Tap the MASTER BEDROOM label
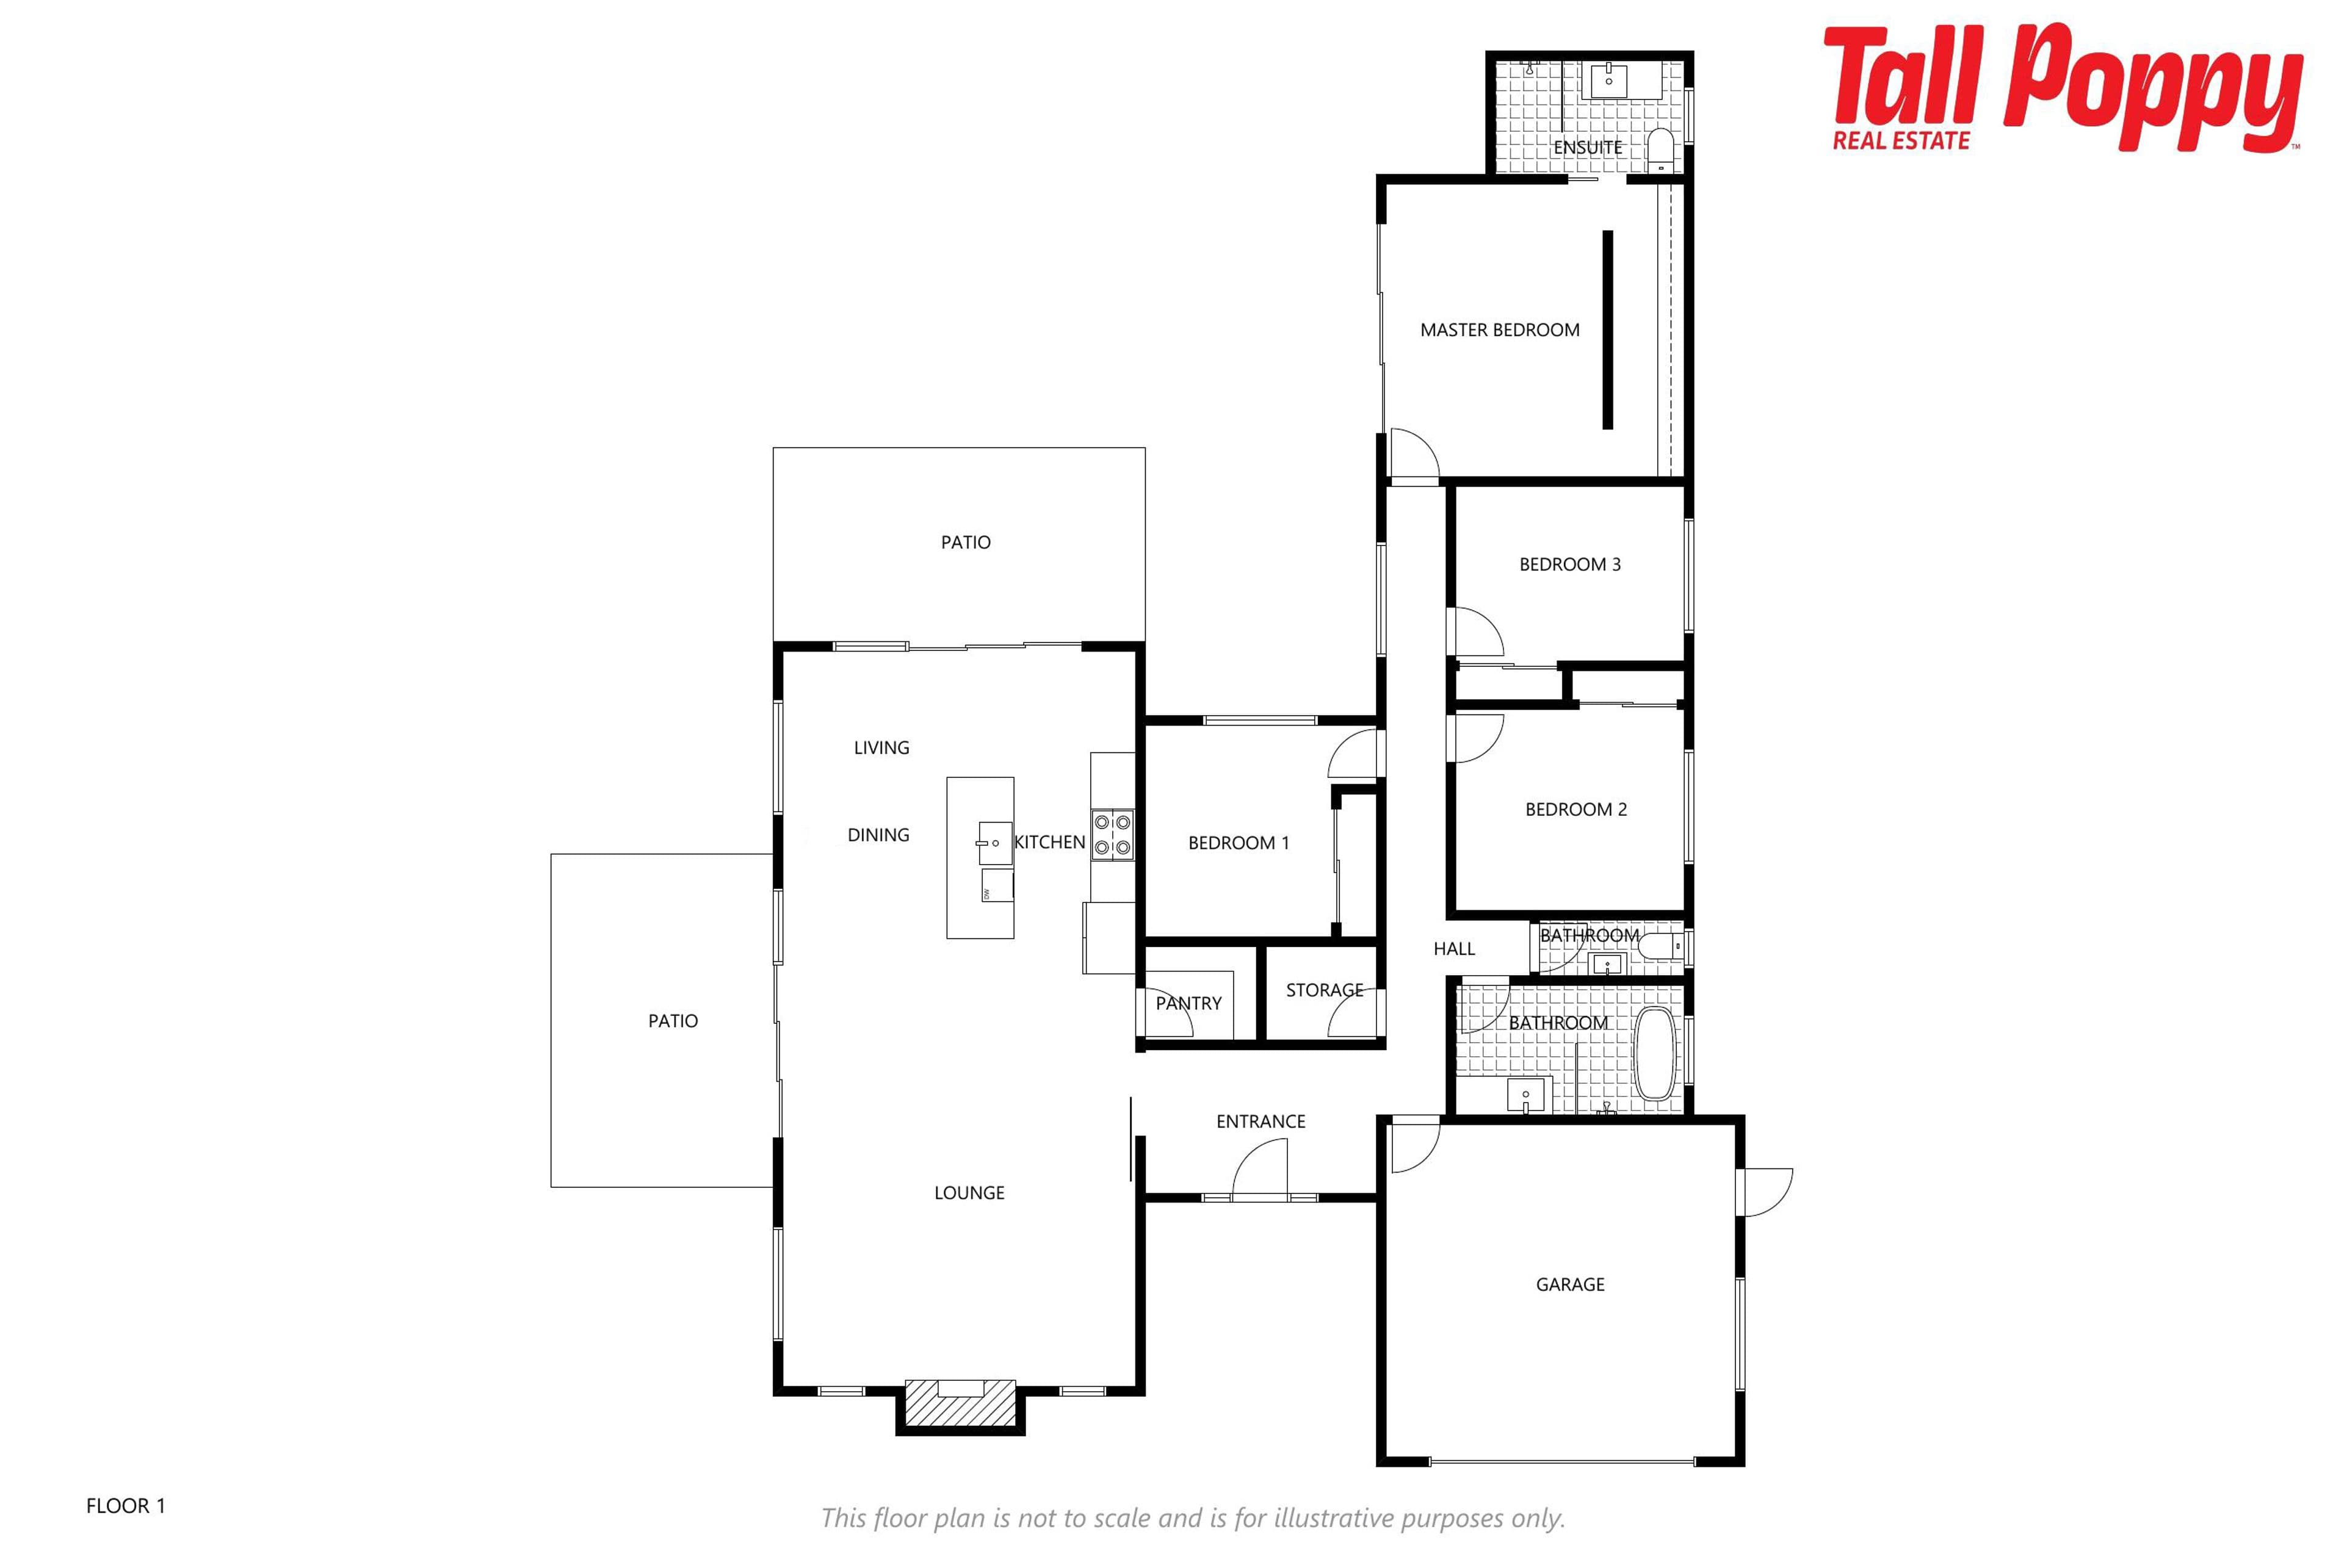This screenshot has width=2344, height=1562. (1499, 329)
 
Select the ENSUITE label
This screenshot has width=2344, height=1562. (1588, 148)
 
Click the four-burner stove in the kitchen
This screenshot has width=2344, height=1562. (1112, 835)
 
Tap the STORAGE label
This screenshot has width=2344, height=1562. (1325, 990)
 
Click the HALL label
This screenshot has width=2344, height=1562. (1454, 948)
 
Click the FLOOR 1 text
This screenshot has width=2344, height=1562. (126, 1505)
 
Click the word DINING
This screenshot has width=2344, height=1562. (878, 835)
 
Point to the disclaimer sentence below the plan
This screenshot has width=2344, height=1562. (1193, 1518)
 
